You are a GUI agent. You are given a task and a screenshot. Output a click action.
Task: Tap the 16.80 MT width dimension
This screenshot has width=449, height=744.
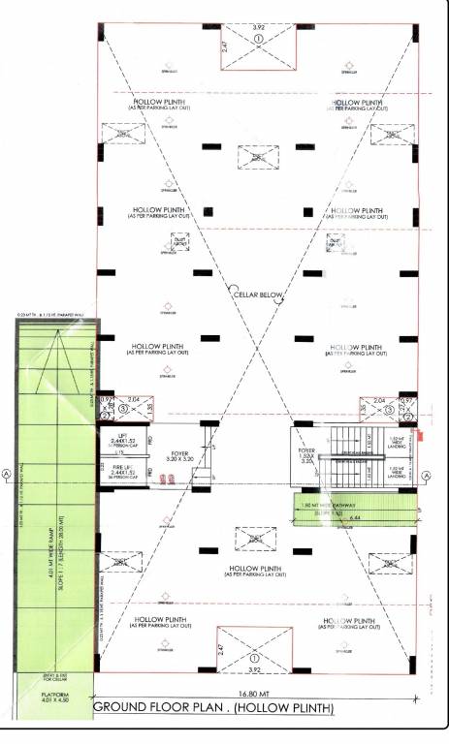click(256, 694)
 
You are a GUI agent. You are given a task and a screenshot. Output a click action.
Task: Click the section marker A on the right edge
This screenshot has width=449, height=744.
click(427, 474)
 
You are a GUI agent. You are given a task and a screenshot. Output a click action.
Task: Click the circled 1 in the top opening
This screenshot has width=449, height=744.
click(259, 38)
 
